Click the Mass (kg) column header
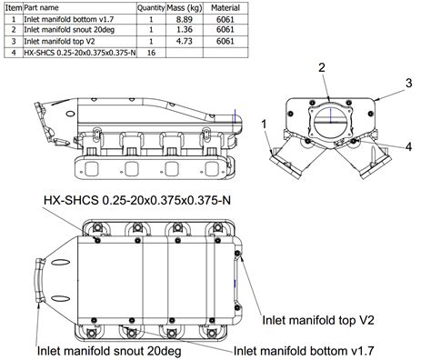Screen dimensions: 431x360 coord(185,8)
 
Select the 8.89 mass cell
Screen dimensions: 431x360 coord(185,19)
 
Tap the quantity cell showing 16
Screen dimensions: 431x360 coord(151,53)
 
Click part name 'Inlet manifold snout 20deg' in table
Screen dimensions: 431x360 coord(69,30)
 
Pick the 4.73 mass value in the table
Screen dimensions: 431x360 coord(185,41)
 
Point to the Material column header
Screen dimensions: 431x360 coord(226,8)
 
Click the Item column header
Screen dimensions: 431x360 coord(14,8)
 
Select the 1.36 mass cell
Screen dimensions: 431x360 coord(185,30)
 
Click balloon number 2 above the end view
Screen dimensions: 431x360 coord(322,67)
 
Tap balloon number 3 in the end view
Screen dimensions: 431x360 coord(409,83)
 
